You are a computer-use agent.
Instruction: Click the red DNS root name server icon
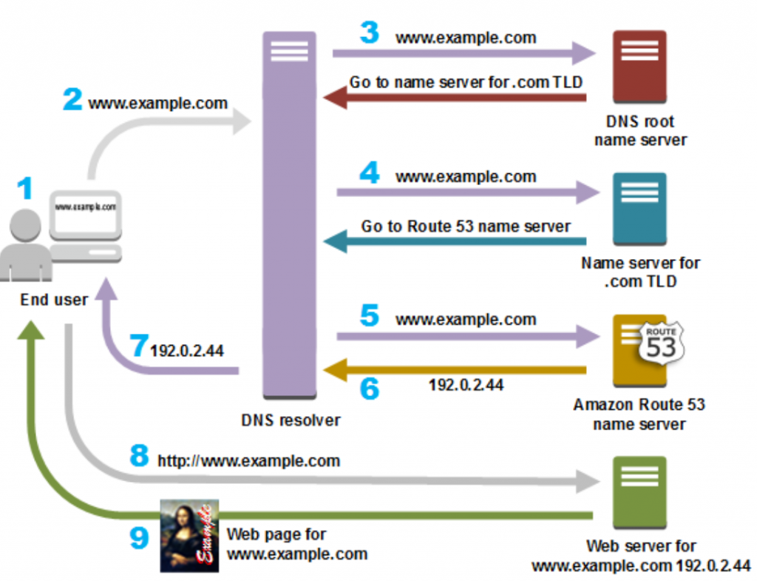point(639,67)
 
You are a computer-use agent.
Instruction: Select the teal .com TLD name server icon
point(639,209)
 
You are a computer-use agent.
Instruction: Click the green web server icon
point(639,492)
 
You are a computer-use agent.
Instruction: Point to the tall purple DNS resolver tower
point(289,215)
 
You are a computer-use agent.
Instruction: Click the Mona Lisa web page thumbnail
point(189,536)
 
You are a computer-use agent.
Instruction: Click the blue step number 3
point(370,33)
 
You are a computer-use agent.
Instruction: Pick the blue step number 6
point(370,388)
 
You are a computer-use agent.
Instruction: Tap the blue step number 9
point(139,537)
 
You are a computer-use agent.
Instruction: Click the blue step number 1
point(25,188)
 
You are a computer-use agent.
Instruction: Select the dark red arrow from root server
point(455,98)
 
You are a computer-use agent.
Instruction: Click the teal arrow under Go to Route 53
point(455,241)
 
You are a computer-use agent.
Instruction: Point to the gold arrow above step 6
point(455,370)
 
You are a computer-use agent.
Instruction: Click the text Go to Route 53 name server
point(466,226)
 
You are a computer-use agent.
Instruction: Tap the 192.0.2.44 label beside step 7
point(187,350)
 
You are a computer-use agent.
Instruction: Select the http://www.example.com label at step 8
point(249,460)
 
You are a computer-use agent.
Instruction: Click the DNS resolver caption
point(291,420)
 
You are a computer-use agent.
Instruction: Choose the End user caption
point(54,300)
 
